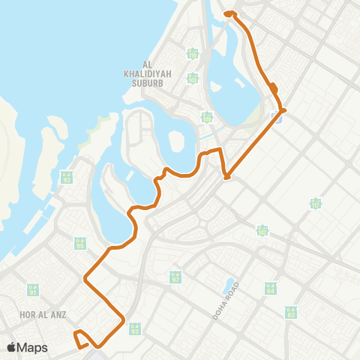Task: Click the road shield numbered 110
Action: coord(193,53)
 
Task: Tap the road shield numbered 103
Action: coord(193,78)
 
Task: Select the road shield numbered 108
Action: coord(207,117)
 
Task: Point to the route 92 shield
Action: coord(67,178)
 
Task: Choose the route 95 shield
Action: coord(80,244)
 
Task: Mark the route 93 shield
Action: coord(135,328)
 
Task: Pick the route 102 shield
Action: coord(262,231)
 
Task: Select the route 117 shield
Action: coord(316,203)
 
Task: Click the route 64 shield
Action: coord(270,288)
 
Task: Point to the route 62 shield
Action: coord(290,312)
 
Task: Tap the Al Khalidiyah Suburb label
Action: coord(145,68)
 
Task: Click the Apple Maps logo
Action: coord(27,348)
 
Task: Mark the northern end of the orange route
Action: coord(229,13)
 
